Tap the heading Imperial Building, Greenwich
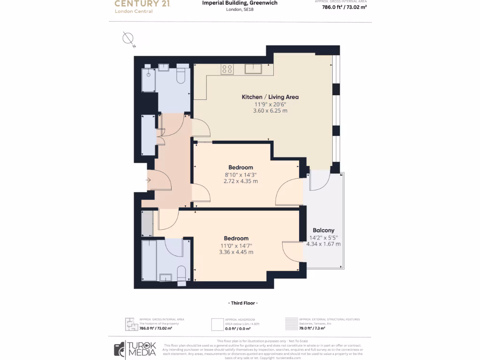coord(240,3)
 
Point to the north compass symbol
coord(128,39)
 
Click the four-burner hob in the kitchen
coord(227,69)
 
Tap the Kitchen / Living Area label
coord(270,97)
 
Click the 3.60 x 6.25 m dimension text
coord(270,111)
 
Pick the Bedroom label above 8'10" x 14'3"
coord(240,167)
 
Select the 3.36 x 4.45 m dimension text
coord(236,252)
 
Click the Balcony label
coord(323,230)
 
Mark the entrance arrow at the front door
coord(148,180)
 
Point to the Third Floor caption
coord(241,303)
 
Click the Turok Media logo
coord(135,349)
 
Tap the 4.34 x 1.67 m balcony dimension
coord(323,244)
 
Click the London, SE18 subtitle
coord(240,9)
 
